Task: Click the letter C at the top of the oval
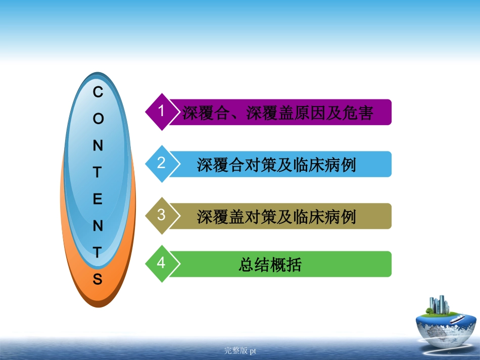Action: pos(98,92)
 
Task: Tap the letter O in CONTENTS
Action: pos(98,119)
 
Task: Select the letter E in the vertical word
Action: pos(98,199)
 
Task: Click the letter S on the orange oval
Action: pos(98,279)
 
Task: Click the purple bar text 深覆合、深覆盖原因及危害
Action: pos(277,113)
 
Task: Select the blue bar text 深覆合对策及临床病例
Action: pos(276,165)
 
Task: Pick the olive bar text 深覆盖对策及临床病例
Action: pos(276,217)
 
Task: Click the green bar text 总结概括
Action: pos(270,265)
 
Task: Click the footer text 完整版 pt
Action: pos(241,350)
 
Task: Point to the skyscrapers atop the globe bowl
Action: pos(439,304)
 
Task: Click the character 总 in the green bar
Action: pos(246,265)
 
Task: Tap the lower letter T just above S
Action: pos(98,252)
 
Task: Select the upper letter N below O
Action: pos(98,146)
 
